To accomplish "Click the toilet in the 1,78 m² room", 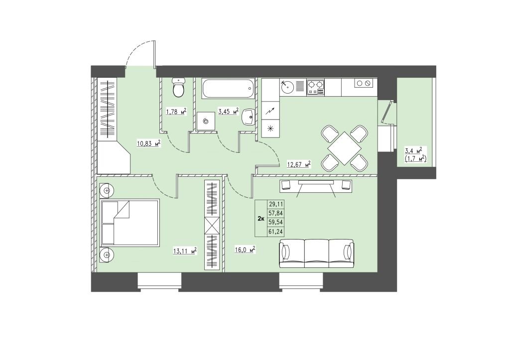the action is point(178,88).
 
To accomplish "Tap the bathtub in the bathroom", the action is point(228,88).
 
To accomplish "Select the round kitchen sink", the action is point(287,87).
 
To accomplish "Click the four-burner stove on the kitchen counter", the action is point(316,88).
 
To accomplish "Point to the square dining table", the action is point(345,148).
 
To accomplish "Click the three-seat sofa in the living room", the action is point(316,253).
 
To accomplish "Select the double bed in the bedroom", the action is point(130,222).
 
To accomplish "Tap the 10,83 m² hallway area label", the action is point(149,143).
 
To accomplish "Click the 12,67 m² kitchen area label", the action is point(299,164).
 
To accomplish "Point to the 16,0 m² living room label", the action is point(245,250).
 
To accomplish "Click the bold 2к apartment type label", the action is point(260,218).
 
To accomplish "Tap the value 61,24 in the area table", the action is point(275,232).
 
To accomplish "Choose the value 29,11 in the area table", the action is point(275,204).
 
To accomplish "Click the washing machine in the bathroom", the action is point(206,121).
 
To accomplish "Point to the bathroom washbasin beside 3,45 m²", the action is point(250,117).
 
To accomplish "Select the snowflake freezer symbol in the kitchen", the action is point(270,128).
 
